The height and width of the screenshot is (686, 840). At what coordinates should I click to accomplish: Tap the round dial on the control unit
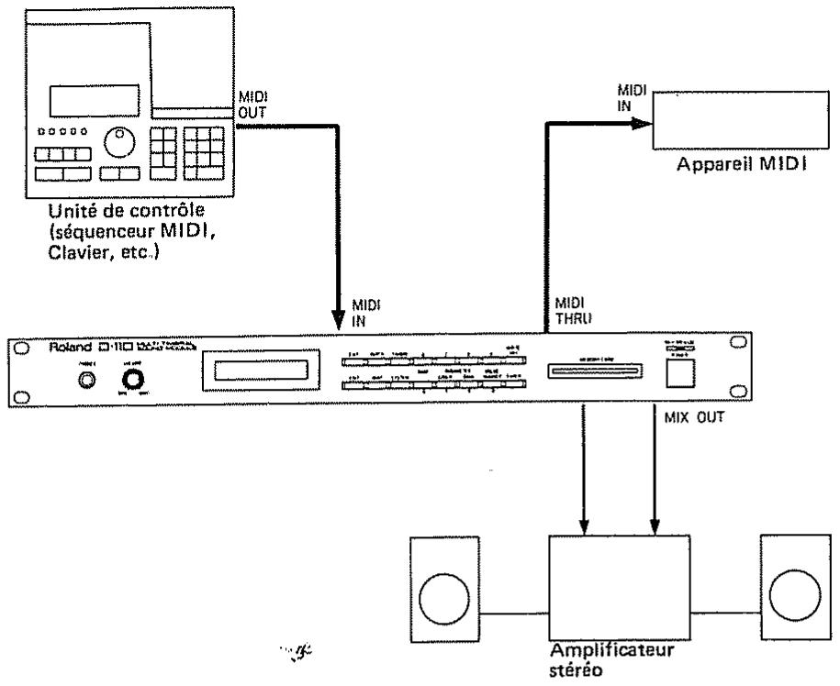click(x=118, y=142)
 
